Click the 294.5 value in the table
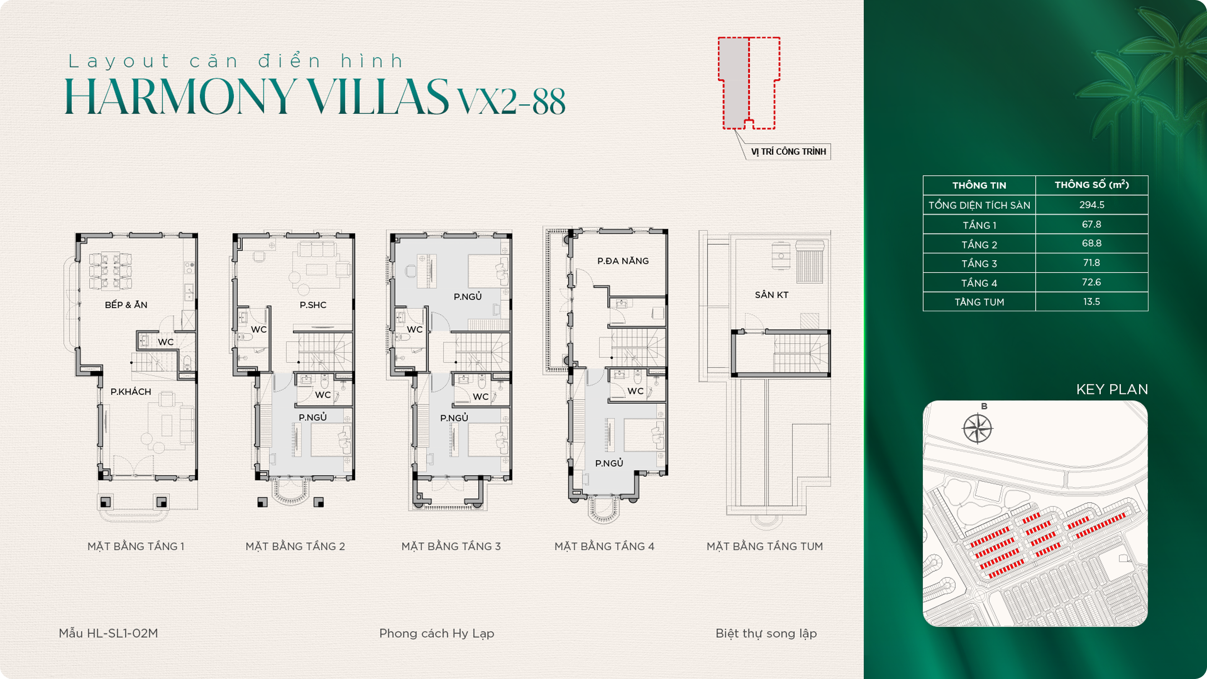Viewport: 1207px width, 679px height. coord(1092,205)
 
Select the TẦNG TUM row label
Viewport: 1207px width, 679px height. coord(979,302)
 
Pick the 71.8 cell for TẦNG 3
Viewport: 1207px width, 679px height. coord(1092,263)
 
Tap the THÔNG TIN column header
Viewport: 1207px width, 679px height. coord(979,185)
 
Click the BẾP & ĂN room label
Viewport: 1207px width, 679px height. coord(126,305)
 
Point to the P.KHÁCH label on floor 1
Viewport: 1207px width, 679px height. coord(131,392)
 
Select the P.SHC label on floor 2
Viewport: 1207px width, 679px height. coord(313,305)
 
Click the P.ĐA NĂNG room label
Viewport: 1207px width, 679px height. coord(623,261)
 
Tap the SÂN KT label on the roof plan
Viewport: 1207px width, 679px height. coord(771,295)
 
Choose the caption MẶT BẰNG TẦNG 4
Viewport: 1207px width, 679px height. coord(604,547)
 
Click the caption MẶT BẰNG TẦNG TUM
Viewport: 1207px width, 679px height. coord(765,547)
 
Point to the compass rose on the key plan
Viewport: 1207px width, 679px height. coord(977,428)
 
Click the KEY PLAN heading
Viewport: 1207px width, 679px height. coord(1112,389)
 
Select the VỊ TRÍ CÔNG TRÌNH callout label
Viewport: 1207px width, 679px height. coord(789,152)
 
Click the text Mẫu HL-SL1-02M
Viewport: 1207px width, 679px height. coord(108,634)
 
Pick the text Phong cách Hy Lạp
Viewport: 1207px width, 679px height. coord(437,634)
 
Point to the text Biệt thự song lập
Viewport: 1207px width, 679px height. coord(766,634)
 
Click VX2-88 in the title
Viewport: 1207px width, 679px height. coord(511,101)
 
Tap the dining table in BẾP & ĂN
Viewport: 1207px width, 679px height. coord(111,271)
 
